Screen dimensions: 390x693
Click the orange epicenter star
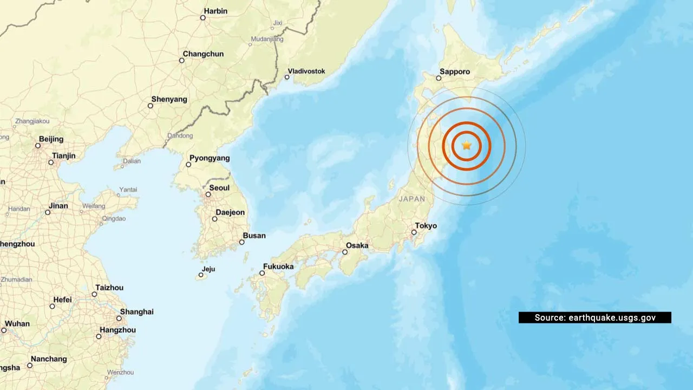click(x=467, y=145)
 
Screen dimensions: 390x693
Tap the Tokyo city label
click(x=426, y=226)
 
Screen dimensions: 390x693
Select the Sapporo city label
click(x=455, y=71)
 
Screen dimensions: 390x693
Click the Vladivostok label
click(x=306, y=71)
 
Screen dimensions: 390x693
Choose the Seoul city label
click(x=219, y=188)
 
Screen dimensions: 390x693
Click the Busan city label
click(x=254, y=236)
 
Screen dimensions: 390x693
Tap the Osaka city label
click(x=357, y=245)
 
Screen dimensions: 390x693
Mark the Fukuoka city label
click(x=278, y=266)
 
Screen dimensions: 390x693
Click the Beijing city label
click(x=51, y=139)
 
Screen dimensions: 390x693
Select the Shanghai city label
click(x=136, y=311)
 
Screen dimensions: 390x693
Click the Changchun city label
click(x=203, y=54)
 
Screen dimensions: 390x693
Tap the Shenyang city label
click(x=169, y=99)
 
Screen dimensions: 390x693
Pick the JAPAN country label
click(x=412, y=199)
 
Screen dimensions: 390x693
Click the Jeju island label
click(x=208, y=269)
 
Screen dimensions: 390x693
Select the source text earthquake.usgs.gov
click(x=612, y=318)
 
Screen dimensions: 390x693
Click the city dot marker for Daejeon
click(x=215, y=219)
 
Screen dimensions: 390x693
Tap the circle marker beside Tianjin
click(x=51, y=162)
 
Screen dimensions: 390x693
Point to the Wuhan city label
click(x=17, y=323)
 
